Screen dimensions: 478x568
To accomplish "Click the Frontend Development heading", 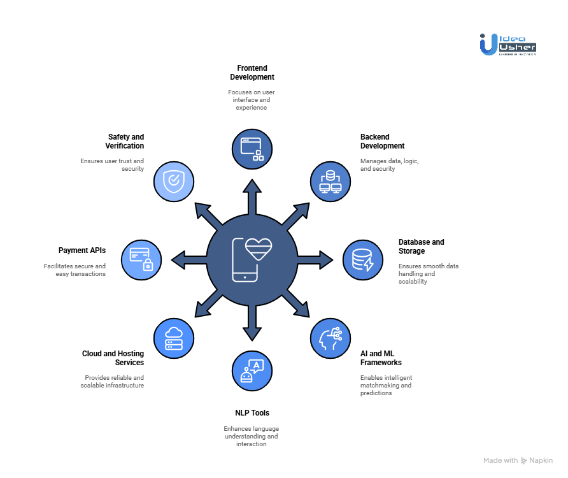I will click(252, 72).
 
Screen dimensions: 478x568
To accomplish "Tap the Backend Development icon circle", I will click(330, 181).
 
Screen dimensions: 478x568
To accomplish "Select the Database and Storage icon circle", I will click(363, 259).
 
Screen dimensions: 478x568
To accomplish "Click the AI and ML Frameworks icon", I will click(330, 338).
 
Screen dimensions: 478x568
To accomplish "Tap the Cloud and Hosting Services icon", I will click(173, 338).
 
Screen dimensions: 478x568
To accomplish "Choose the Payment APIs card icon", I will click(141, 259).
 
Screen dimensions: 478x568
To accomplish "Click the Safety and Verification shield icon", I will click(173, 181).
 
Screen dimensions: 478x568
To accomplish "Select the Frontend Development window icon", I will click(252, 148).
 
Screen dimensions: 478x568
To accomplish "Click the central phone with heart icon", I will click(252, 259).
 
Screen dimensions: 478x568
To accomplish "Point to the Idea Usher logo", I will click(508, 44).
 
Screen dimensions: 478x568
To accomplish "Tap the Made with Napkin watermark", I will click(518, 460).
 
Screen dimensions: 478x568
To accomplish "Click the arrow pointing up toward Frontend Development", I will click(252, 194).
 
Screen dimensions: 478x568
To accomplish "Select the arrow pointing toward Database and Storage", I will click(316, 259).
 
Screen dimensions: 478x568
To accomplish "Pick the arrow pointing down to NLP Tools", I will click(252, 324).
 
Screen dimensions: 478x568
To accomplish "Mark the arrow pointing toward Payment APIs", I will click(188, 259).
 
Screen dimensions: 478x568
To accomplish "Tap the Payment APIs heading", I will click(82, 250).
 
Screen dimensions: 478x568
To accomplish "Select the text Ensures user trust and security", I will click(112, 165).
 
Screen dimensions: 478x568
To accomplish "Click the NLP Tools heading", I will click(252, 413).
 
